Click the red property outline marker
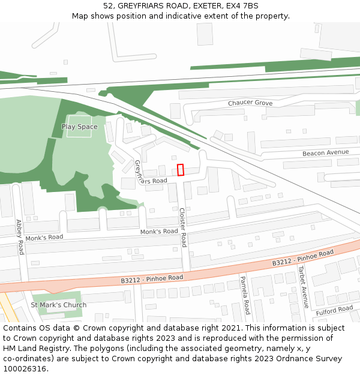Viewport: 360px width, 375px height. point(180,170)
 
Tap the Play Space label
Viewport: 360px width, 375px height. point(79,127)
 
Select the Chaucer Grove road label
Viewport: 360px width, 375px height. point(250,103)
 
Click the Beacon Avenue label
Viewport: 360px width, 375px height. point(325,153)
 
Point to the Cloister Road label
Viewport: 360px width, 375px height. point(183,227)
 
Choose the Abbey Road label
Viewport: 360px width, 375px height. point(20,236)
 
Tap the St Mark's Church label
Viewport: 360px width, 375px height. point(59,305)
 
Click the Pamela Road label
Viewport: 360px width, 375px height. point(245,295)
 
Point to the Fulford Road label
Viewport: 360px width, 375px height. point(335,310)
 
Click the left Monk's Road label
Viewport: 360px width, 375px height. point(44,238)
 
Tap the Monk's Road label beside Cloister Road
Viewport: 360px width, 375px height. point(159,232)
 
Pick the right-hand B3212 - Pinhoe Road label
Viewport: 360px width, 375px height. point(302,258)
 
